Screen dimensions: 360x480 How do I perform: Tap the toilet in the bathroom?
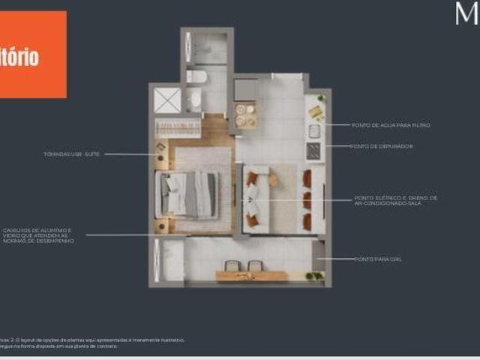tap(197, 76)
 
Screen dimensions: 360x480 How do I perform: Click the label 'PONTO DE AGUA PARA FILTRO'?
tap(390, 125)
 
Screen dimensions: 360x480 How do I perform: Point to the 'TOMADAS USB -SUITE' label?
tap(72, 154)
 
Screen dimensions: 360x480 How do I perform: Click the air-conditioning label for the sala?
tap(396, 200)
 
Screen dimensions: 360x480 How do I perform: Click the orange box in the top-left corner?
tap(33, 54)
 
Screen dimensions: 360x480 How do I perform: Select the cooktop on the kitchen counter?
tap(313, 150)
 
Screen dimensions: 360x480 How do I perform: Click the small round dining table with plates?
tap(245, 115)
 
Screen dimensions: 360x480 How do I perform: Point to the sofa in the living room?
tap(252, 199)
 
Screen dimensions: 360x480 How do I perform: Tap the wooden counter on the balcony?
tap(251, 276)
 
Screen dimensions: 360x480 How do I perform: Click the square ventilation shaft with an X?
tap(168, 100)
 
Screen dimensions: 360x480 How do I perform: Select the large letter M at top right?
tap(466, 13)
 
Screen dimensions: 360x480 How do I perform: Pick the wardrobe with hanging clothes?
tap(178, 127)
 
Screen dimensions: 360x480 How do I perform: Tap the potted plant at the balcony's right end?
tap(315, 276)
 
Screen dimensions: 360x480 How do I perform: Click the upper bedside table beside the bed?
tap(161, 146)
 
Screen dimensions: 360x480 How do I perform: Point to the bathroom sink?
tap(196, 98)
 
